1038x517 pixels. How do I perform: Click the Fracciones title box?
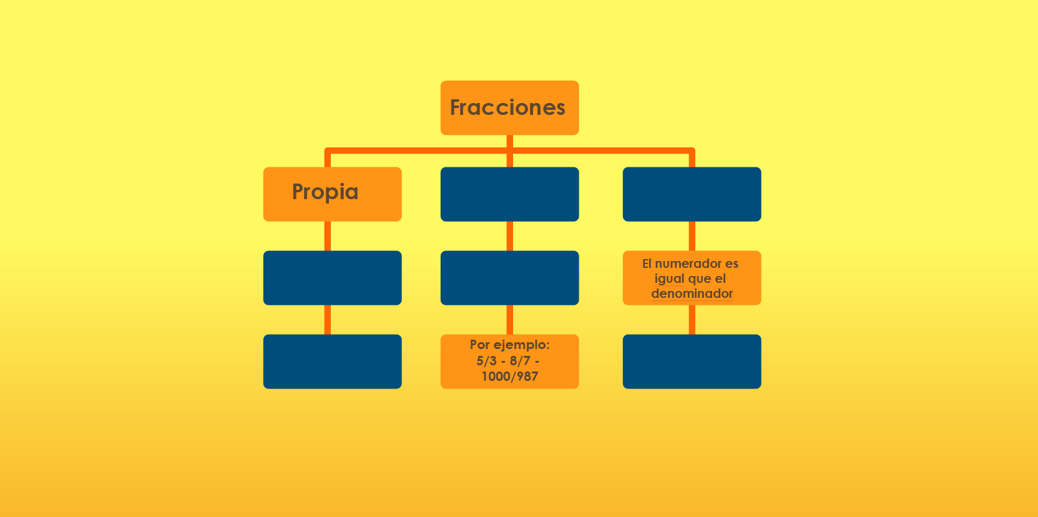(x=510, y=107)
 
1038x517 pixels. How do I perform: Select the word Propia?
(x=325, y=192)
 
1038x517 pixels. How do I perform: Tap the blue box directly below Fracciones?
(x=510, y=194)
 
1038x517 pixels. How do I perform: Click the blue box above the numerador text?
(x=692, y=194)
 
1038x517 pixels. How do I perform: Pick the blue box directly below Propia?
(x=332, y=278)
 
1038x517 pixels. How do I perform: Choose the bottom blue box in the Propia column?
(x=332, y=362)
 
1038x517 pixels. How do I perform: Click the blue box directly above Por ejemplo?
(x=510, y=278)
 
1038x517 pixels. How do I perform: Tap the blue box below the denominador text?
(x=692, y=362)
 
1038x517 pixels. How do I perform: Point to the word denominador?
(x=692, y=293)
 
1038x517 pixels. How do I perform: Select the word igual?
(x=670, y=278)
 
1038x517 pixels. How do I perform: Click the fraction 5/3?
(x=487, y=361)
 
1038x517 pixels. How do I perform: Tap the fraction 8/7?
(x=520, y=361)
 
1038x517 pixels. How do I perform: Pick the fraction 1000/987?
(x=510, y=376)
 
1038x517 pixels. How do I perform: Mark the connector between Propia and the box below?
(x=328, y=236)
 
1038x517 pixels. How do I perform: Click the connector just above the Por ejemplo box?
(x=510, y=320)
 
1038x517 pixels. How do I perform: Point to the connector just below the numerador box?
(x=692, y=320)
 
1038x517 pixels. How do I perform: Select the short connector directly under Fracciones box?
(x=510, y=141)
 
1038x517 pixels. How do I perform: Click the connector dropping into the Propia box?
(x=328, y=157)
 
